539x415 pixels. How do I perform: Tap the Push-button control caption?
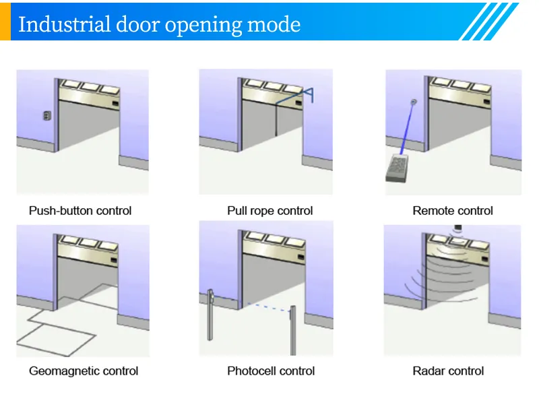point(80,211)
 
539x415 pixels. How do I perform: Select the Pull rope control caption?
point(269,211)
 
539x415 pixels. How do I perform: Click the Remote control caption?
point(453,211)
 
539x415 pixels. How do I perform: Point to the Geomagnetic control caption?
point(84,371)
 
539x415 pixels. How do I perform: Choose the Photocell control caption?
point(271,371)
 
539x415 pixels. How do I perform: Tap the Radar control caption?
point(448,371)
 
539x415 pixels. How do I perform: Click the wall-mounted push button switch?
point(46,115)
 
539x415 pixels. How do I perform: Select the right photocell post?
point(293,330)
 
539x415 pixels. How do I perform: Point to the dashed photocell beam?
point(256,307)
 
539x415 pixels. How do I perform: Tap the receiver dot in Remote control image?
point(414,102)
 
